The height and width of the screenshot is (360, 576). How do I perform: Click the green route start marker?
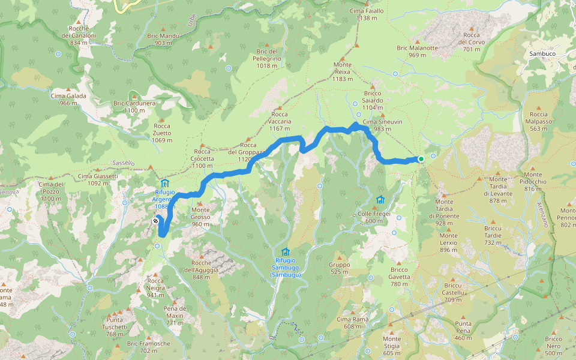pos(421,159)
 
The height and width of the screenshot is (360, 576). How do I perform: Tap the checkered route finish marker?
pos(156,221)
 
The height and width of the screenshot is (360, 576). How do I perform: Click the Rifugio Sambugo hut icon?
pos(285,251)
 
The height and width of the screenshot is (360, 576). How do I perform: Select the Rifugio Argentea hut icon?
pos(165,184)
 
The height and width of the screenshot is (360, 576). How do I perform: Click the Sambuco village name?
pos(542,53)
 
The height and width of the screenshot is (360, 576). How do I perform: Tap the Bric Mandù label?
pos(163,39)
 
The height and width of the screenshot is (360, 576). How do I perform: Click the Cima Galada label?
pos(68,99)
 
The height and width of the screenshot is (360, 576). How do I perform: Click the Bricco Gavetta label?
pos(399,273)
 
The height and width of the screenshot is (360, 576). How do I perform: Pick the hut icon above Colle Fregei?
pos(380,200)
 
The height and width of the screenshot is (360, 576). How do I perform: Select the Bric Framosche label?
pos(149,347)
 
